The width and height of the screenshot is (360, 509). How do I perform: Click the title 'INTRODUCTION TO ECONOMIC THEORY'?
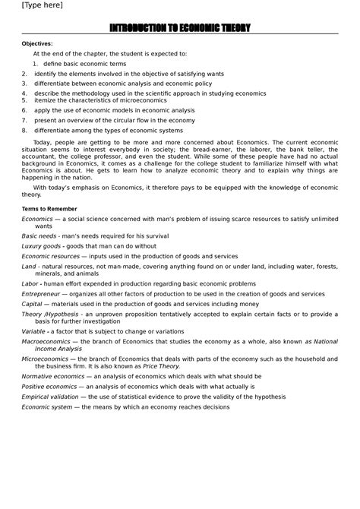(179, 28)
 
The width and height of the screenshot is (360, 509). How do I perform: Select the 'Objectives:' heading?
(38, 44)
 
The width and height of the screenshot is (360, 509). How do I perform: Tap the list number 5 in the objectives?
(24, 100)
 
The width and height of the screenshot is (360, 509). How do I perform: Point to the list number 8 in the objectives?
(24, 130)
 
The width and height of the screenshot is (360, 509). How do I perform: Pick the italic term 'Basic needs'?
(39, 236)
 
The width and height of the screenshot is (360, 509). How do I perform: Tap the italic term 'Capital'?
(32, 302)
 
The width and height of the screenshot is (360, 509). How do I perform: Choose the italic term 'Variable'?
(33, 331)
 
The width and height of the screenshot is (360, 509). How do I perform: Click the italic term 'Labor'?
(30, 283)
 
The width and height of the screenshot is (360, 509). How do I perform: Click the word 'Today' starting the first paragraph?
(44, 142)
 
